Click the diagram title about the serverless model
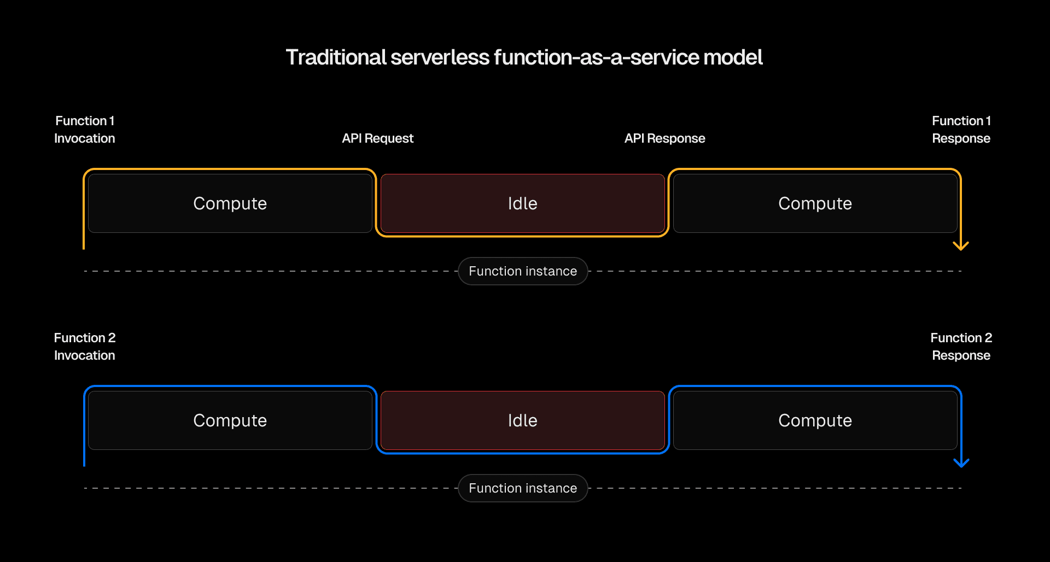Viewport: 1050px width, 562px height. (524, 57)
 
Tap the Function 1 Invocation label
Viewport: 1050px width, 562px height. (85, 130)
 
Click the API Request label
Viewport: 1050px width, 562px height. (377, 138)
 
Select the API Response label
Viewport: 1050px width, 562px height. (664, 138)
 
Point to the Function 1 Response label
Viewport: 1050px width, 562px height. (961, 130)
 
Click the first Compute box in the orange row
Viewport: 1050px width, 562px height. (230, 203)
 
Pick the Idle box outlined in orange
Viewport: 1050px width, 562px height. (522, 203)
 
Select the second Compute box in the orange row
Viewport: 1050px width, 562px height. (815, 203)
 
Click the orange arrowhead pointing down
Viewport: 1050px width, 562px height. (961, 246)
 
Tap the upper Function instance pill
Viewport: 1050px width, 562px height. (523, 271)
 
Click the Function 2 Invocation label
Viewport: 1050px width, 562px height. (85, 347)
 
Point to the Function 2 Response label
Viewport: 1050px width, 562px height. (961, 347)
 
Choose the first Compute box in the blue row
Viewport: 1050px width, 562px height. (230, 420)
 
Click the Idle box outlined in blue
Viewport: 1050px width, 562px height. (522, 420)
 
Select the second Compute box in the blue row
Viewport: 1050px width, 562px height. (815, 420)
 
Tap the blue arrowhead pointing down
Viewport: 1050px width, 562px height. (961, 463)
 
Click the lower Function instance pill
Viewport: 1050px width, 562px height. (523, 488)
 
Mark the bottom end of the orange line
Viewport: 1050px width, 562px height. (84, 248)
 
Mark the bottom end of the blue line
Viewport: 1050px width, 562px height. (84, 465)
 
